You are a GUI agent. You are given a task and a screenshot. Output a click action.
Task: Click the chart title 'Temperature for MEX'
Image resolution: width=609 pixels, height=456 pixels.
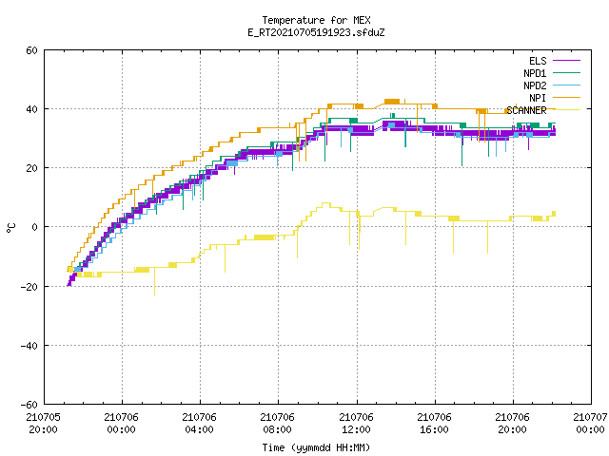coord(316,20)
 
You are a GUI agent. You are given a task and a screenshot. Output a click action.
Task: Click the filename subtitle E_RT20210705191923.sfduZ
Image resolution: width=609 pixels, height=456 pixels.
coord(316,32)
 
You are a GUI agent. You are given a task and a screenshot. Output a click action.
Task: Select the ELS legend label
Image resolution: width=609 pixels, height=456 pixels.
coord(538,61)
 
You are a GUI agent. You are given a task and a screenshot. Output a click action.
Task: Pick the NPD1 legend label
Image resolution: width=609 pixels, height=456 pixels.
coord(535,73)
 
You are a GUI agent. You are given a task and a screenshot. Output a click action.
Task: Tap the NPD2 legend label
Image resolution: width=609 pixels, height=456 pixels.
coord(535,85)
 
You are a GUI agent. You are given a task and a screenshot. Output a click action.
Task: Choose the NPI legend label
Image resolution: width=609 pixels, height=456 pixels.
coord(538,98)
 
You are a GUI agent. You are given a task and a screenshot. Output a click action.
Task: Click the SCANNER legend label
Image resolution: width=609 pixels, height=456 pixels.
coord(526,110)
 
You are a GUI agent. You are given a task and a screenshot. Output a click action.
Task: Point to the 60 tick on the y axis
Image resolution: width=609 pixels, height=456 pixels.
coord(31,50)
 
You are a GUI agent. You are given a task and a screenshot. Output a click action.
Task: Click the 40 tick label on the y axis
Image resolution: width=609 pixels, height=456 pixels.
coord(31,109)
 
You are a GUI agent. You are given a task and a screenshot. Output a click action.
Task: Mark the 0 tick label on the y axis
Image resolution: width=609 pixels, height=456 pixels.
coord(34,227)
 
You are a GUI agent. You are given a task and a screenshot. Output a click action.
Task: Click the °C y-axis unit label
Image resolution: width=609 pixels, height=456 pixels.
coord(11,227)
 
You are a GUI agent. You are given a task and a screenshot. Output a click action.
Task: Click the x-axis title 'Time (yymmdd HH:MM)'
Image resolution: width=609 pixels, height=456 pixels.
coord(316,447)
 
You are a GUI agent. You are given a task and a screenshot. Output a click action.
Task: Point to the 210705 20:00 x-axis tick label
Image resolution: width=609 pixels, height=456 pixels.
coord(43,424)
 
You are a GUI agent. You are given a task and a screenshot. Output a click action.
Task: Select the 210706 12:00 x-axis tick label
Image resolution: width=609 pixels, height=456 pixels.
coord(356,424)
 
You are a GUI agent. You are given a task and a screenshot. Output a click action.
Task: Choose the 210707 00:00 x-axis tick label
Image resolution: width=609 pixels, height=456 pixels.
coord(590,424)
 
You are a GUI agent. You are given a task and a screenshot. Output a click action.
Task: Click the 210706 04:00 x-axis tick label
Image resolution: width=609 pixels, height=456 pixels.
coord(199,424)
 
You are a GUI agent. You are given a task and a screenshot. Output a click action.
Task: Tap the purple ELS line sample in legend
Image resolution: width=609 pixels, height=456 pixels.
coord(566,61)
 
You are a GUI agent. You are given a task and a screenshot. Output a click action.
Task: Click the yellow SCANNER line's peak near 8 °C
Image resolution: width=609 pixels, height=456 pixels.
coord(325,203)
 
